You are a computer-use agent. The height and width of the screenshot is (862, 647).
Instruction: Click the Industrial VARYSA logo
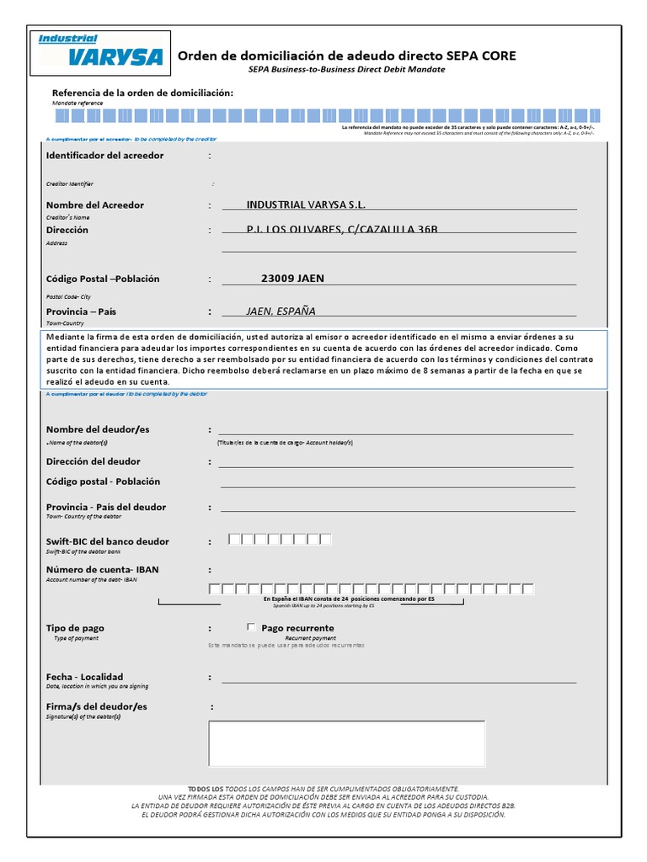99,52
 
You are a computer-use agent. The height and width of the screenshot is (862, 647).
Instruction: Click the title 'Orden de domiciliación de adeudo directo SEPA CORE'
346,56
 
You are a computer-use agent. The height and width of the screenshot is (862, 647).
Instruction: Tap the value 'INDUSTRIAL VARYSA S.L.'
306,205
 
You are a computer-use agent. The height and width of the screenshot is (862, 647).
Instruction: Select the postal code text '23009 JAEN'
292,279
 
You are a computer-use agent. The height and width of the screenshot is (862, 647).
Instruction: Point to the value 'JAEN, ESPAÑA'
281,311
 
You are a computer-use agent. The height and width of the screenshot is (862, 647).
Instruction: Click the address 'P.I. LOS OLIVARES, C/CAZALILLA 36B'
342,230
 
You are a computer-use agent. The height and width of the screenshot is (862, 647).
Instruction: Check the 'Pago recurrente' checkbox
251,627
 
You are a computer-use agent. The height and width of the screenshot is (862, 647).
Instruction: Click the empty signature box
346,743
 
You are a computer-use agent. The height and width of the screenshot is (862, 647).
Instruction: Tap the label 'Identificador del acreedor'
105,156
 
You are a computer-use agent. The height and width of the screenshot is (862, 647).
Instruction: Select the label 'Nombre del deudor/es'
98,429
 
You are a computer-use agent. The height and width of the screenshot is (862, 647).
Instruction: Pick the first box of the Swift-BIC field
235,539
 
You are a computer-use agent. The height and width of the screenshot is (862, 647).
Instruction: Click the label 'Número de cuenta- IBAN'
102,570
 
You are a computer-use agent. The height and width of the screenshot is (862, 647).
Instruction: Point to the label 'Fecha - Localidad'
84,677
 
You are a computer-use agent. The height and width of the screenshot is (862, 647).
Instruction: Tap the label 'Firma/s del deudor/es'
96,706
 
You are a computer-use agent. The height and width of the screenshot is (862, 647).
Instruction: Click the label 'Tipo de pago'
75,628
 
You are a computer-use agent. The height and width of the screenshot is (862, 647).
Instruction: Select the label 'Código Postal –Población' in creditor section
103,279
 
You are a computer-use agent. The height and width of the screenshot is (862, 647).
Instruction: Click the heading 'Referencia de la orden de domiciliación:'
142,92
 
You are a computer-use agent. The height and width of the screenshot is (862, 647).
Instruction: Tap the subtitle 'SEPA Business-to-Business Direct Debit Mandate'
346,70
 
